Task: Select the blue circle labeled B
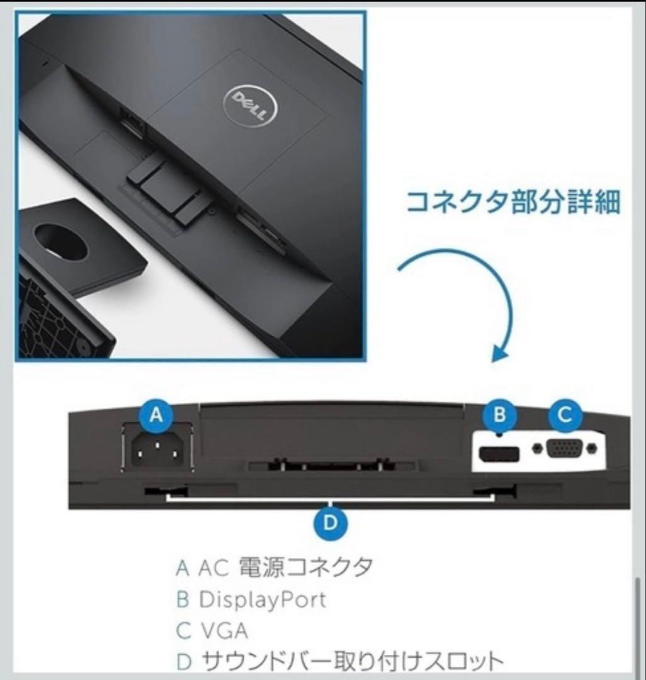point(499,415)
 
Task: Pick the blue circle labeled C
point(565,415)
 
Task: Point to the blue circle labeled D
point(331,523)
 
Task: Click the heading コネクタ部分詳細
point(513,203)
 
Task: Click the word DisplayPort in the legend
point(263,599)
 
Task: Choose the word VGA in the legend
point(224,630)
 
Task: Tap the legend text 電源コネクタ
point(305,567)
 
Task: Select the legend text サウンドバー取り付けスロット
point(352,662)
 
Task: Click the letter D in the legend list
point(183,662)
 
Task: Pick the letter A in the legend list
point(183,568)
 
